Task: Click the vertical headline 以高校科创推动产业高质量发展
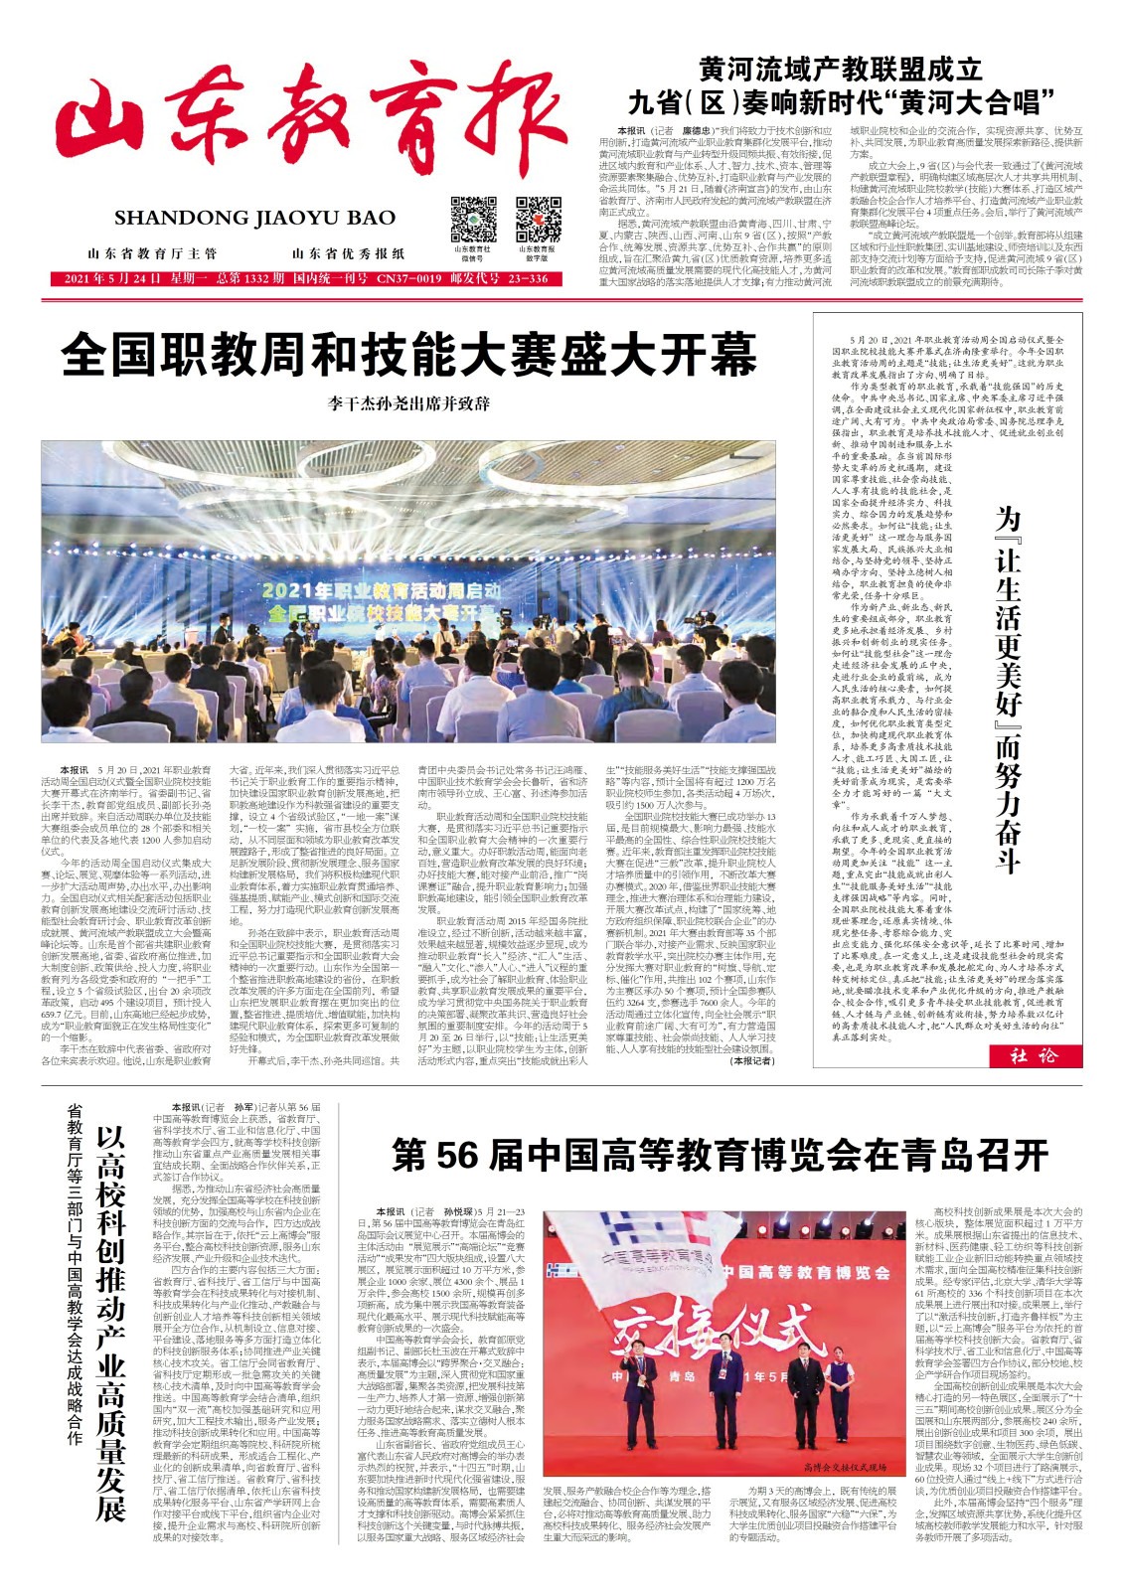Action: coord(110,1312)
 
